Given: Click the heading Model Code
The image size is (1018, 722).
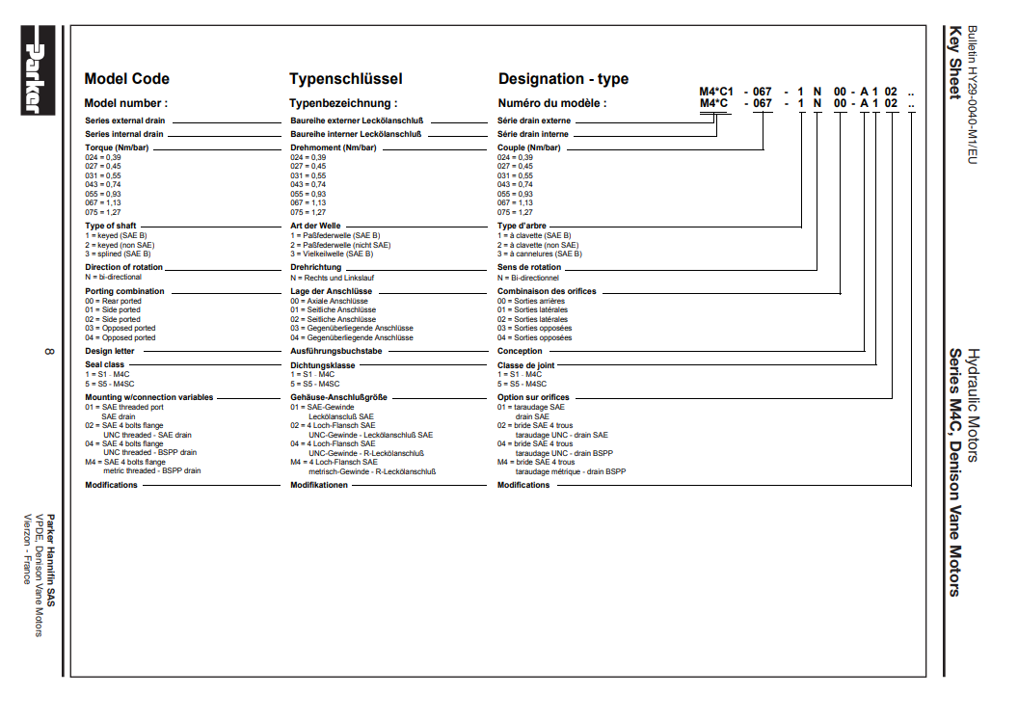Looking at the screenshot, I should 126,79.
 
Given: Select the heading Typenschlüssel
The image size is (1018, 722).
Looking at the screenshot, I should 345,79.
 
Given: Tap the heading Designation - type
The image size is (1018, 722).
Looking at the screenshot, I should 563,79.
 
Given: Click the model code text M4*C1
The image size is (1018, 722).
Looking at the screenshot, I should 716,91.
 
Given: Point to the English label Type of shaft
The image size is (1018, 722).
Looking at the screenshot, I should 111,226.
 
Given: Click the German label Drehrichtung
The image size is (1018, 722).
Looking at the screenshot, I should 316,267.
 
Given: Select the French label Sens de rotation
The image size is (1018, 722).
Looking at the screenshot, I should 529,267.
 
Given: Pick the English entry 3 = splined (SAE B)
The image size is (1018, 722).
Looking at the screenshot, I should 118,254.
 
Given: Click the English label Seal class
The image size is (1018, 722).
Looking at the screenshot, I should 105,365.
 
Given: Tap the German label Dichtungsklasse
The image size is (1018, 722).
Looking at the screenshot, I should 323,365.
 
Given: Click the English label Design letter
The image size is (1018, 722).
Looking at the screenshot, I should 111,351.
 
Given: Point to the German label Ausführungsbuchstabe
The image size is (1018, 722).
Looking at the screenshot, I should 336,351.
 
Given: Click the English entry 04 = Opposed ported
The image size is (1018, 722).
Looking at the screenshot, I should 120,338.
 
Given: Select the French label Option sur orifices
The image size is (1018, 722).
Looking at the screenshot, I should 533,397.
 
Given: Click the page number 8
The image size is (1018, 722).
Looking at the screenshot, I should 48,350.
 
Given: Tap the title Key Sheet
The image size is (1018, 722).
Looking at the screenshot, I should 954,63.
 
